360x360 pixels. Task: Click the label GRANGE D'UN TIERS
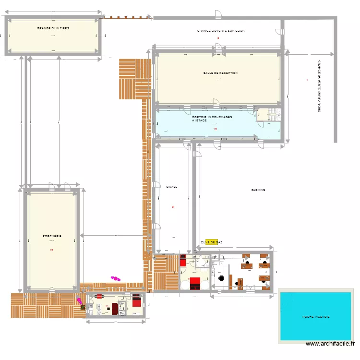click(53, 28)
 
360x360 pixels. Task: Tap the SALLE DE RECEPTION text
click(220, 73)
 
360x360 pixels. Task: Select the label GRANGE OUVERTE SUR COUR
click(221, 31)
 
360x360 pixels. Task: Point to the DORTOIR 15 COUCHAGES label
click(212, 117)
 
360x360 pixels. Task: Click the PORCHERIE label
click(52, 236)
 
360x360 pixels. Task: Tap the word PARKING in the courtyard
click(258, 190)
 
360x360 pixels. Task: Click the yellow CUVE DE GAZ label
click(211, 242)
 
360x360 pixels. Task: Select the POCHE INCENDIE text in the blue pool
click(316, 317)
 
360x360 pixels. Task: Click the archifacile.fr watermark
click(331, 344)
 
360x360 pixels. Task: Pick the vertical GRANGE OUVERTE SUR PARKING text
click(319, 86)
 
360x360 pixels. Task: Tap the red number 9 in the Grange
click(173, 207)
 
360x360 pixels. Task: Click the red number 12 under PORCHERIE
click(51, 250)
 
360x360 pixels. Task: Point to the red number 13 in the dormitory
click(215, 129)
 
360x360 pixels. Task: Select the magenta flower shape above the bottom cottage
click(115, 277)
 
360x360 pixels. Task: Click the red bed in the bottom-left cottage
click(137, 301)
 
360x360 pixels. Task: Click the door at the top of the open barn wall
click(218, 15)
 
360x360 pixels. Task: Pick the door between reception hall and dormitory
click(216, 102)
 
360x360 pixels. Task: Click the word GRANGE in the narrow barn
click(172, 186)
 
